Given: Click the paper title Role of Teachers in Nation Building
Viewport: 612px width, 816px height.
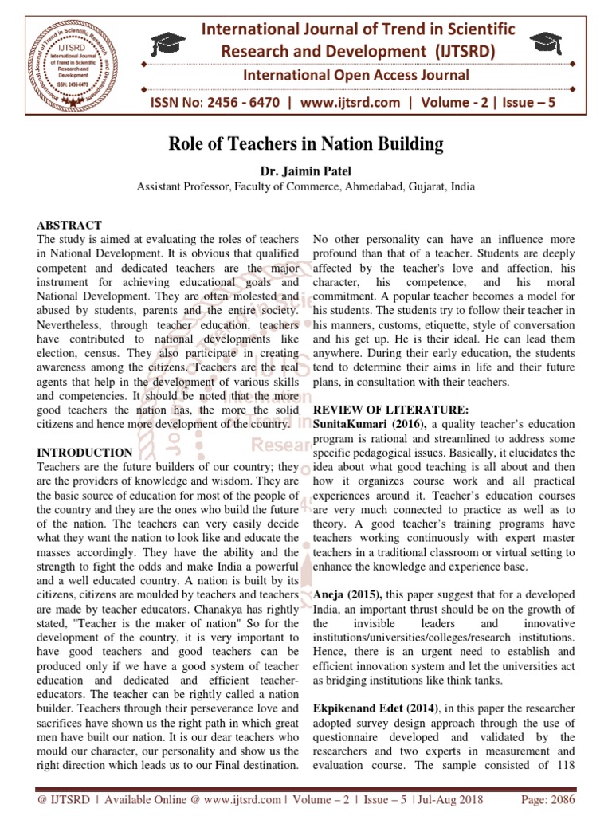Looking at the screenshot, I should pos(305,145).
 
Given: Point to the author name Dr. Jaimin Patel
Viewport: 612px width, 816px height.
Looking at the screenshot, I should pos(305,171).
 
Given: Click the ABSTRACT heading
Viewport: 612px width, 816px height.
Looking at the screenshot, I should pos(69,226).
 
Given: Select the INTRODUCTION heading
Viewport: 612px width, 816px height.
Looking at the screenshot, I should pos(84,452).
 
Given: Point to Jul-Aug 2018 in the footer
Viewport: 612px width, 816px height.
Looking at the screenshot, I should pos(442,801).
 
